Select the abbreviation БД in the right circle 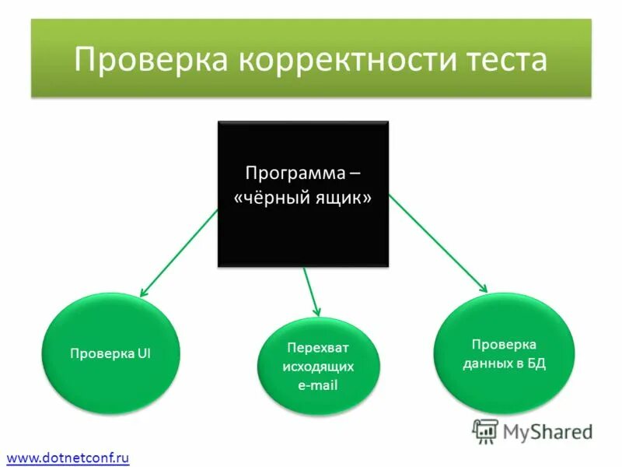[x=536, y=363]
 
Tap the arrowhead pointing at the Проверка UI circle [x=142, y=293]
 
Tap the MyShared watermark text [x=547, y=431]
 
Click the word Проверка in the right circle [x=504, y=344]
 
